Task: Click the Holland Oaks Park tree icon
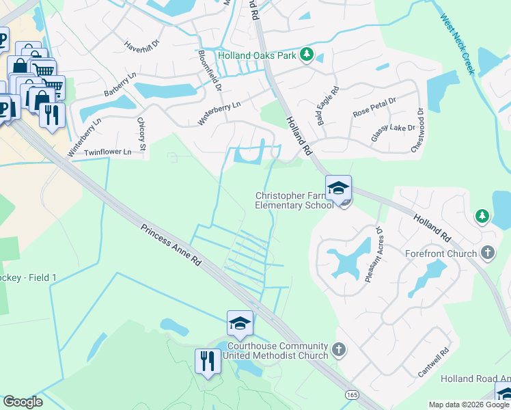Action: (x=307, y=55)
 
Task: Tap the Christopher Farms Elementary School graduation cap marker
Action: (x=338, y=188)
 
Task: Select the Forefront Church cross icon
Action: (x=487, y=254)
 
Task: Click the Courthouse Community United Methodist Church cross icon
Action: (x=339, y=351)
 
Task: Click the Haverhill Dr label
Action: (x=141, y=46)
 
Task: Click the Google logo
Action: (x=23, y=402)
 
